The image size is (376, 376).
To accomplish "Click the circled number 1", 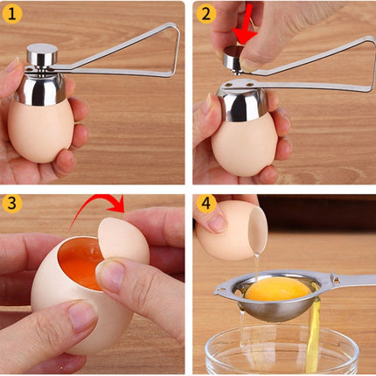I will click(12, 12).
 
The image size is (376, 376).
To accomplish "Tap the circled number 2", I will click(205, 12).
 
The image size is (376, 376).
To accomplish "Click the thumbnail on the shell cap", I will click(111, 276).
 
